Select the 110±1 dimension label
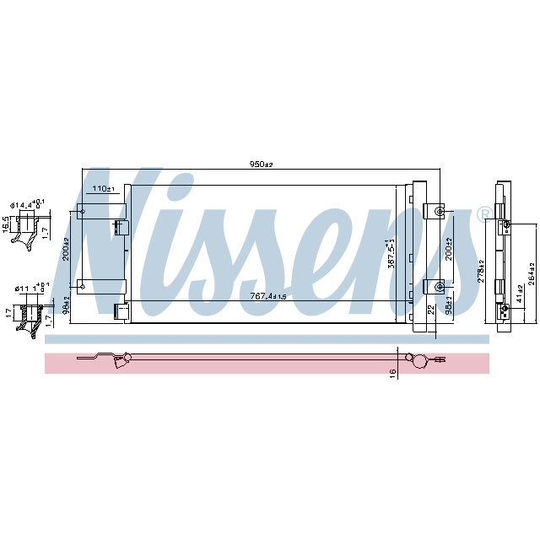click(102, 189)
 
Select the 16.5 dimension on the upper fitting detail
click(6, 224)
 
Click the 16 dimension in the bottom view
click(392, 371)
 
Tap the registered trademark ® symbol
click(484, 213)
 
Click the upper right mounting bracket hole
click(439, 211)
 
